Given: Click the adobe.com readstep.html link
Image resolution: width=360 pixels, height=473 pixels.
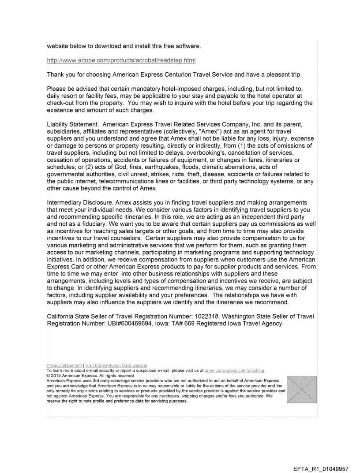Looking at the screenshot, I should [x=121, y=60].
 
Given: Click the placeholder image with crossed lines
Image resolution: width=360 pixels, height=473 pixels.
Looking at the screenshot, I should [x=301, y=389].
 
